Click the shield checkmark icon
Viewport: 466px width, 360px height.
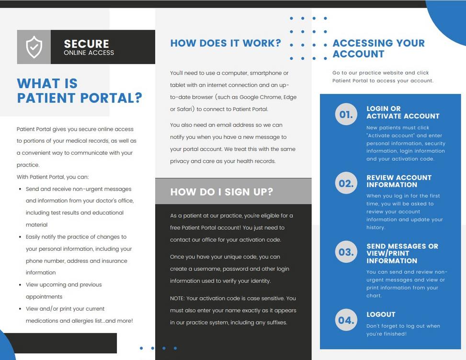click(34, 47)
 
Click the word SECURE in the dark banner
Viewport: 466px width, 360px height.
click(86, 44)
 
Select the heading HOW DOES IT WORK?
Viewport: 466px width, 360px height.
click(226, 43)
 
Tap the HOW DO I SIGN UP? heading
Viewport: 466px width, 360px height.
click(221, 192)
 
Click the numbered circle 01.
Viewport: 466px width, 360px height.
click(346, 114)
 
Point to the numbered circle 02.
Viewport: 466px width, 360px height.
click(346, 183)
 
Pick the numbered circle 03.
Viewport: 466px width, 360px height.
click(346, 252)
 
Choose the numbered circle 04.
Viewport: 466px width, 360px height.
click(346, 320)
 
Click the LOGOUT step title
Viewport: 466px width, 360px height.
click(381, 315)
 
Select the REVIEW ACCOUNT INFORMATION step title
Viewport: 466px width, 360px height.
click(399, 181)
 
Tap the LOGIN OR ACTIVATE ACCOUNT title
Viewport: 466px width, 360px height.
click(403, 112)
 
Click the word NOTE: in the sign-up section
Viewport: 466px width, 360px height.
click(178, 298)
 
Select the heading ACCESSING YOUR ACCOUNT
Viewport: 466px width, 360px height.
click(378, 48)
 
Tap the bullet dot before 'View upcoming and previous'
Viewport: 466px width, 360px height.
click(20, 285)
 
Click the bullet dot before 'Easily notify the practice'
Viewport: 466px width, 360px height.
click(20, 237)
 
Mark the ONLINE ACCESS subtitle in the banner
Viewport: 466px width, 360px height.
click(89, 53)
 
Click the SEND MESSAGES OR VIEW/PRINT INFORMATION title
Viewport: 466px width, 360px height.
click(402, 253)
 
